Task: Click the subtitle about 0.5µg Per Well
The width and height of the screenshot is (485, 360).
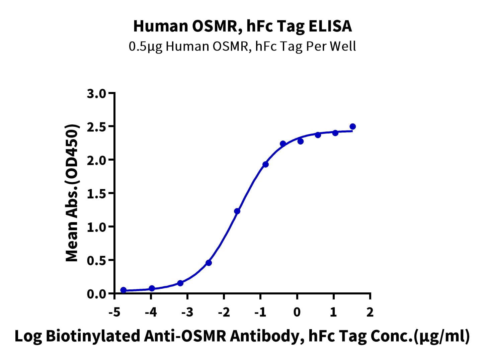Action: click(242, 47)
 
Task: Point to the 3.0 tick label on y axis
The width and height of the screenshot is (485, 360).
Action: click(96, 94)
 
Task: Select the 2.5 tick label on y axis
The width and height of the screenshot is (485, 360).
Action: click(96, 127)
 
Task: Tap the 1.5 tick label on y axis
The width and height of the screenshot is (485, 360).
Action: click(96, 194)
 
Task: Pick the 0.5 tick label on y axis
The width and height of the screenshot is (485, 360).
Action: click(96, 261)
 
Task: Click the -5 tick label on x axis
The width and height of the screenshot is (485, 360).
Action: click(114, 312)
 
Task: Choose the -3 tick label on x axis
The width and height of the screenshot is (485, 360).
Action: click(187, 312)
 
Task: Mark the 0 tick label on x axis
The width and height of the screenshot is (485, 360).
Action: click(297, 312)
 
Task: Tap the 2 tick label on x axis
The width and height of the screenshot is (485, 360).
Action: click(370, 312)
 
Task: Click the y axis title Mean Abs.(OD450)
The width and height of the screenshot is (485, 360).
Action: click(72, 193)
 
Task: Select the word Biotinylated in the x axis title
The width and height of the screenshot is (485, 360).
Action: click(93, 336)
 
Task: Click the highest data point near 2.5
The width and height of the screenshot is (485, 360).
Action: click(352, 126)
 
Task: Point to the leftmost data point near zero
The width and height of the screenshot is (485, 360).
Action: click(123, 290)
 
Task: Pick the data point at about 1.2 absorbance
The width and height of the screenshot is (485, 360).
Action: click(237, 211)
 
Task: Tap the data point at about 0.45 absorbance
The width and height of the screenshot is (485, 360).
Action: click(209, 263)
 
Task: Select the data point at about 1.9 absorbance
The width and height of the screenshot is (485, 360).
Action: click(265, 164)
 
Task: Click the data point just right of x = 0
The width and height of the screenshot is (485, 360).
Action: click(301, 142)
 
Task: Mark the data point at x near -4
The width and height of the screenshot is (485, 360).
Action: click(152, 288)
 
